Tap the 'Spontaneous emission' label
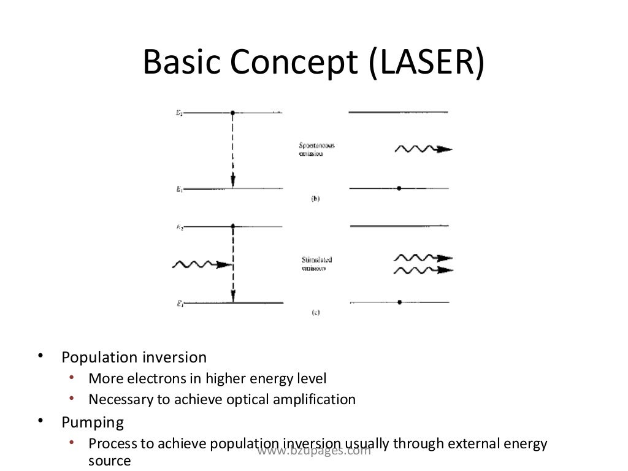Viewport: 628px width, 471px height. (316, 150)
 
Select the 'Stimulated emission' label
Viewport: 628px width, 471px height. (316, 264)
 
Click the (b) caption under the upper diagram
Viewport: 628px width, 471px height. (315, 199)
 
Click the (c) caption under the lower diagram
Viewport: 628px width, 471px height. (315, 312)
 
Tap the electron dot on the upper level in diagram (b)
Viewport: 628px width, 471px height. (232, 113)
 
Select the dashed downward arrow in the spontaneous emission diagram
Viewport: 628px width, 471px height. (232, 150)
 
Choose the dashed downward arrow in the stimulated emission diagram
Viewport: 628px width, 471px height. (232, 264)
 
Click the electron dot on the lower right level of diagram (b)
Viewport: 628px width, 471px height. (399, 188)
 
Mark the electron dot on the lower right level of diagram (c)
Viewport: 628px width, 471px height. (399, 302)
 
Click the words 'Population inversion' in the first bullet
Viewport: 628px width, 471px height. (134, 357)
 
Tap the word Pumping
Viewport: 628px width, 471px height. (93, 423)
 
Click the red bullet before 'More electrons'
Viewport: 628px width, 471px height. (72, 377)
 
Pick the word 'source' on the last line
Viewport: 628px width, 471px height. (110, 461)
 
